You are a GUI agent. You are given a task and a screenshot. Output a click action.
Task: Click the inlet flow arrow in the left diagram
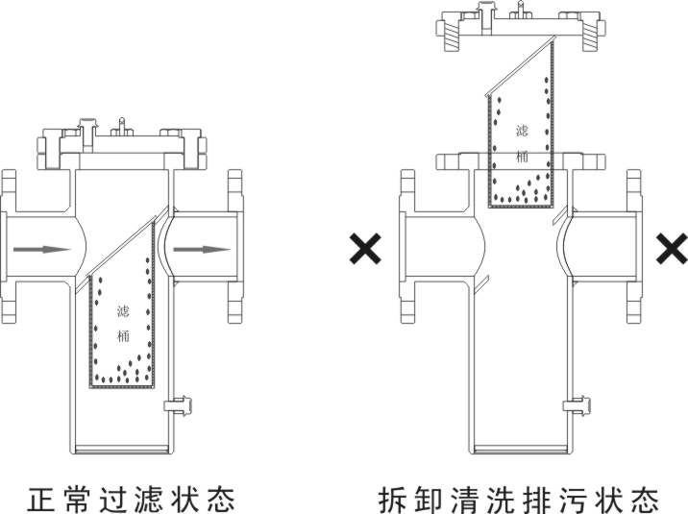click(43, 249)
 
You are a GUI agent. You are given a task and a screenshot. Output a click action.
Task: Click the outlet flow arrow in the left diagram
click(203, 250)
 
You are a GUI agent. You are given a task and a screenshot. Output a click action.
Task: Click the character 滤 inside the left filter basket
click(122, 309)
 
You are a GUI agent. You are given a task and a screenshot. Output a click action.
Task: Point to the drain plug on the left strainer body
click(179, 404)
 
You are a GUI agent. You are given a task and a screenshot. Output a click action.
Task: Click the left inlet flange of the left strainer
click(10, 250)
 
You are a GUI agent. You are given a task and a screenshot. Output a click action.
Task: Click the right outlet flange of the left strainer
click(233, 250)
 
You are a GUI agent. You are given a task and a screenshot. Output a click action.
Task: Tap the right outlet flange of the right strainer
click(633, 250)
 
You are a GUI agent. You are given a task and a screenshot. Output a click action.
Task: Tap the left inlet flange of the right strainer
click(408, 250)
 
